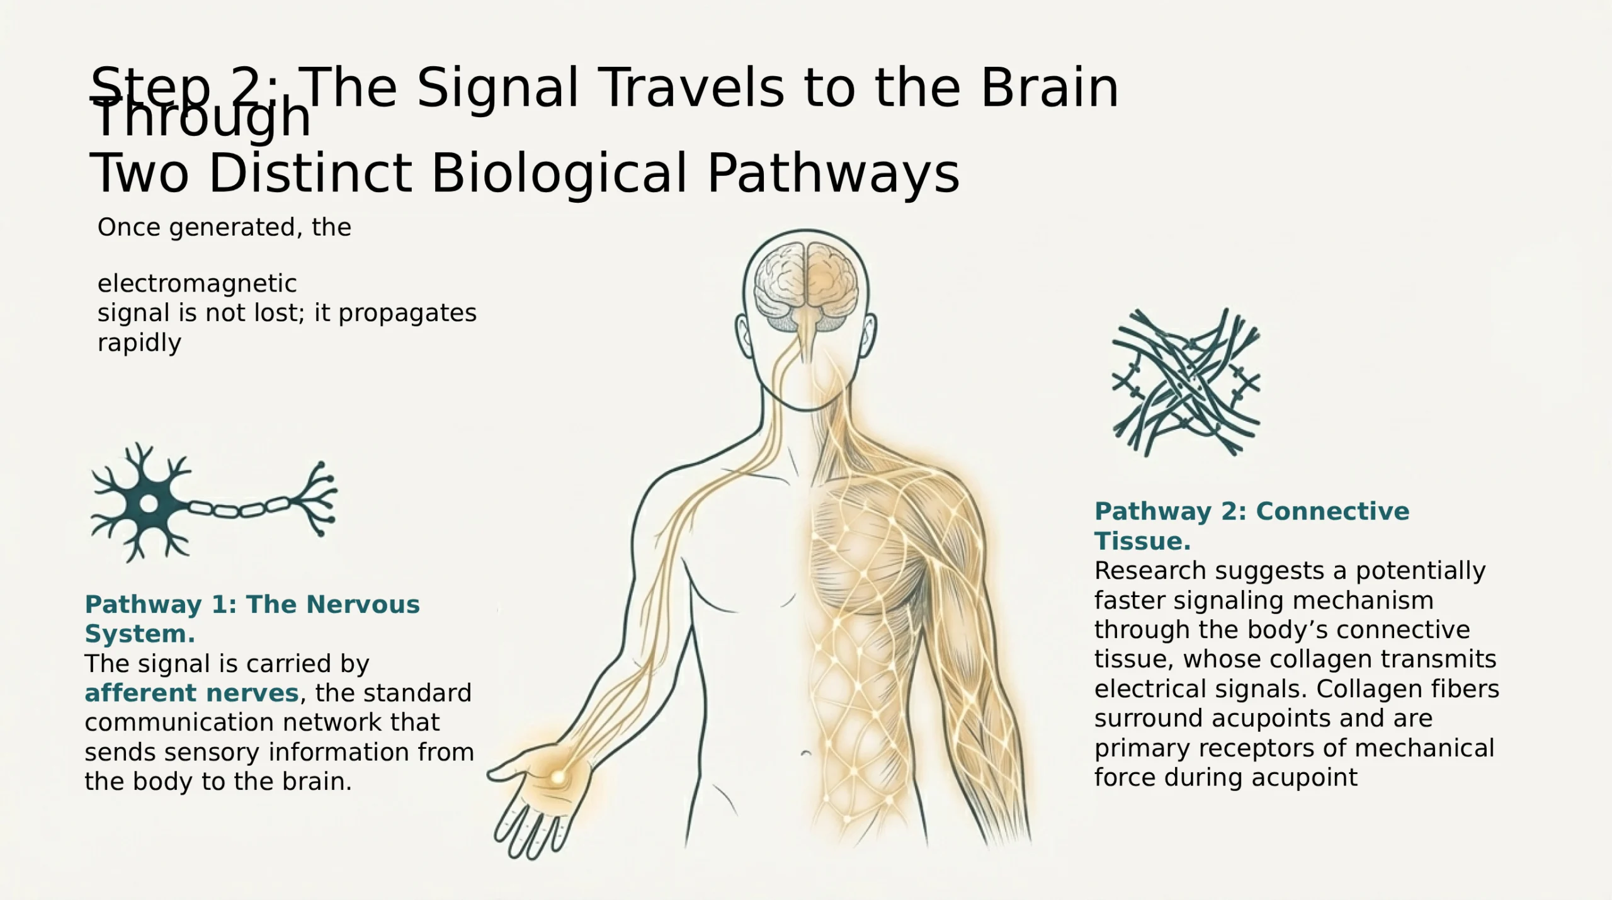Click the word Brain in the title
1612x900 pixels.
(x=1049, y=88)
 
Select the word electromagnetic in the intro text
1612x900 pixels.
(x=196, y=284)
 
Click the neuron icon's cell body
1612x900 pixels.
(x=149, y=503)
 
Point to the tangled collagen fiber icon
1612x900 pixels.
(x=1186, y=382)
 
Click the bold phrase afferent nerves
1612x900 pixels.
(x=191, y=693)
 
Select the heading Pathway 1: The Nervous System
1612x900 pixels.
(x=252, y=618)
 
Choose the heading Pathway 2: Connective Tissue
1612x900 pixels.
(x=1251, y=526)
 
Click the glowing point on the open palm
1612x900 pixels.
(x=557, y=777)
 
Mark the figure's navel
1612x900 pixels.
(x=805, y=753)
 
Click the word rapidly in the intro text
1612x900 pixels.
(x=139, y=343)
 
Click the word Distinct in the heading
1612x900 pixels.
(x=310, y=173)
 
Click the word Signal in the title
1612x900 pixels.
(x=497, y=89)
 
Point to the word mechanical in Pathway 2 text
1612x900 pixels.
(x=1424, y=748)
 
